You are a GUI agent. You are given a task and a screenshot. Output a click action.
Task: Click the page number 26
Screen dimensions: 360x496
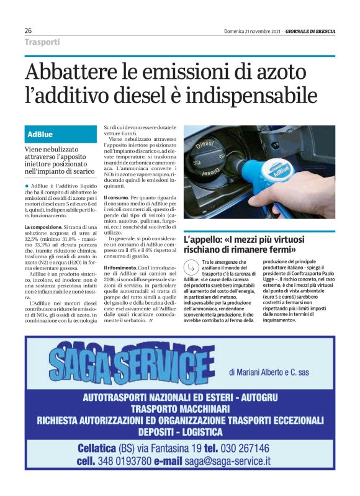pyautogui.click(x=28, y=30)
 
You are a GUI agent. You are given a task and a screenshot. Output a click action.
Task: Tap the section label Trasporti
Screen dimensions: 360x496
pyautogui.click(x=42, y=42)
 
